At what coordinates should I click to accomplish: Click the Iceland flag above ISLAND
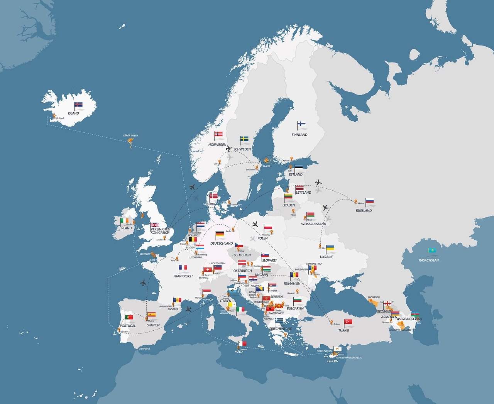click(79, 105)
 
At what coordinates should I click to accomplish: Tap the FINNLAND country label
click(299, 135)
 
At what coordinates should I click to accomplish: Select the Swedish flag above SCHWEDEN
click(244, 139)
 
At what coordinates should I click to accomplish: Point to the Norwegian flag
click(219, 134)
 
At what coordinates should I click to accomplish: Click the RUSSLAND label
click(364, 211)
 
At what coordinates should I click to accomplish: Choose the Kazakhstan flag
click(432, 251)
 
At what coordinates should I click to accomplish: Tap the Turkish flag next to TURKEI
click(348, 321)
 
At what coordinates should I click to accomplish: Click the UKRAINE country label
click(327, 257)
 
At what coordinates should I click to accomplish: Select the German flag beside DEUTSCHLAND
click(220, 234)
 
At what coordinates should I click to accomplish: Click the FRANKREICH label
click(183, 276)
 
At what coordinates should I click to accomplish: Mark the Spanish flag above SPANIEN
click(151, 314)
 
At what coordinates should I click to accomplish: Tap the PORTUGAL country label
click(128, 326)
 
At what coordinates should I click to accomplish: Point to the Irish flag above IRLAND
click(124, 220)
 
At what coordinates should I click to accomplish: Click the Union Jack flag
click(154, 225)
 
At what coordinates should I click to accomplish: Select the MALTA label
click(239, 352)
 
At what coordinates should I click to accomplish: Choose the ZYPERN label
click(332, 361)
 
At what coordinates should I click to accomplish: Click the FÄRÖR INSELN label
click(130, 136)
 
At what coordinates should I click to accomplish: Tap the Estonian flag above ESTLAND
click(298, 169)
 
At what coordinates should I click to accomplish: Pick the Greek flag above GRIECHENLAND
click(279, 321)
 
